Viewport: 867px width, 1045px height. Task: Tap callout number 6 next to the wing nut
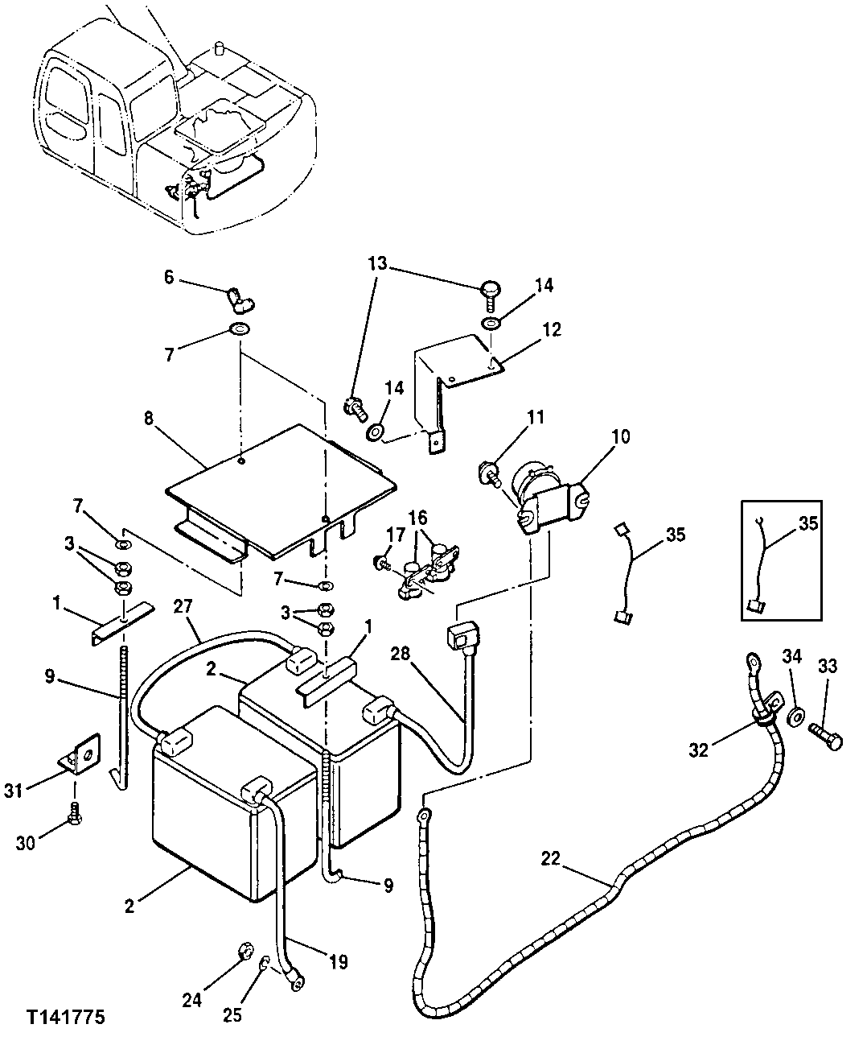[x=169, y=276]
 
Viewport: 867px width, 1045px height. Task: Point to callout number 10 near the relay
[x=620, y=437]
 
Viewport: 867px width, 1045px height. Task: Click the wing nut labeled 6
[x=240, y=300]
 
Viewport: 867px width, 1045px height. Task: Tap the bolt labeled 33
[x=823, y=735]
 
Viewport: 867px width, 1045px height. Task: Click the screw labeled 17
[x=381, y=560]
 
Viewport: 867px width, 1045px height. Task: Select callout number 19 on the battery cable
[x=338, y=963]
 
